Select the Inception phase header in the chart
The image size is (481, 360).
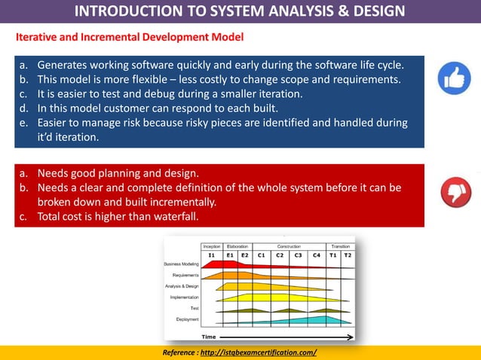212,246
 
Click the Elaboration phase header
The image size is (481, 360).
237,246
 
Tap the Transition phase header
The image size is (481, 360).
340,246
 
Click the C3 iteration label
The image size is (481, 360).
299,255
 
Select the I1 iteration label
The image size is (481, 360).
212,255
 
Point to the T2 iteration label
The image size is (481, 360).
347,255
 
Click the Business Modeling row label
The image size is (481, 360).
181,265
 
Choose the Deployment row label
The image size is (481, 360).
187,319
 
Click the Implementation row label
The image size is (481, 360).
184,297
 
